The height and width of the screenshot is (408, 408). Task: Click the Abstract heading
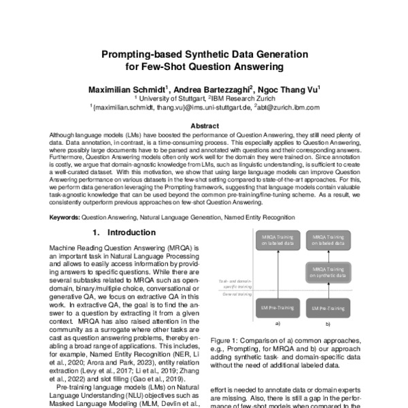click(204, 126)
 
